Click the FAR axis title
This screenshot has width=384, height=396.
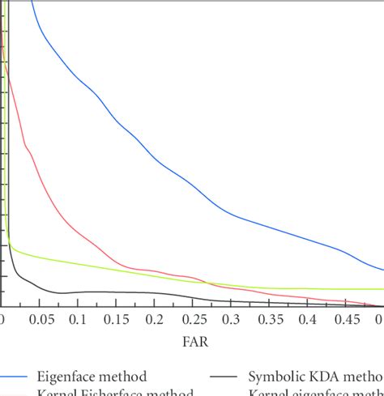pos(194,343)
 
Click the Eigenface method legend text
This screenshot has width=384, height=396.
pos(92,377)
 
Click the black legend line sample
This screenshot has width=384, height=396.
pos(226,377)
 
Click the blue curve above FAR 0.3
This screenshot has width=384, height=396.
pos(232,213)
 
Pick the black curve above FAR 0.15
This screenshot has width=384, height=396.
pos(117,292)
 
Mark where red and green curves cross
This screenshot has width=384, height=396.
pos(208,283)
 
